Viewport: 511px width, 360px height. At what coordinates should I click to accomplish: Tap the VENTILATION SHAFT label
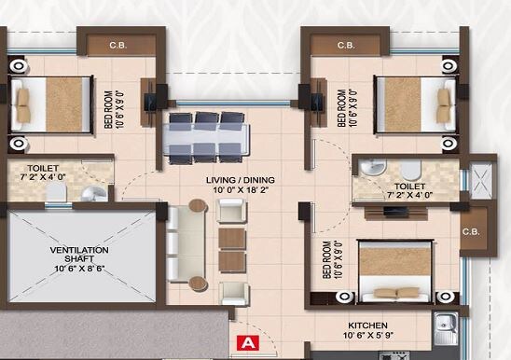pos(79,256)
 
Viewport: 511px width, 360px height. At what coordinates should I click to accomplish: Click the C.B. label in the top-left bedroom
pos(118,44)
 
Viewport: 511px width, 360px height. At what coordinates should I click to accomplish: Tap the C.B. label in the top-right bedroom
pos(345,44)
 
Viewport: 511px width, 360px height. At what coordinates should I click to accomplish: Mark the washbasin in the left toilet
pos(90,194)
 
